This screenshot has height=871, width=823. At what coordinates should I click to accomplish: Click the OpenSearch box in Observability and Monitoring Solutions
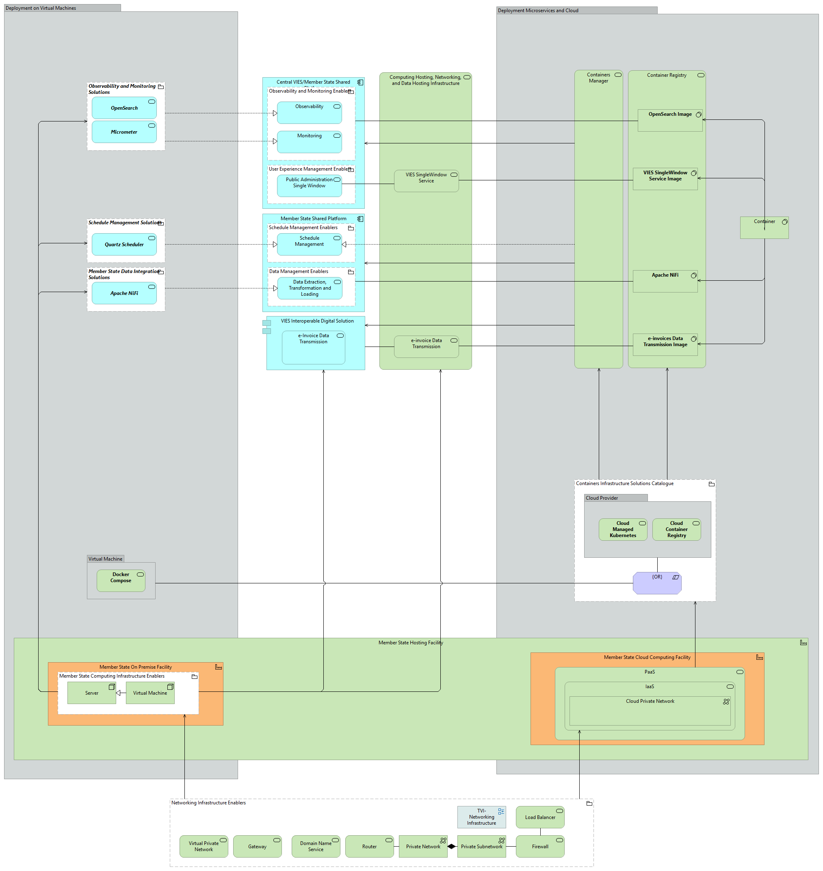[124, 108]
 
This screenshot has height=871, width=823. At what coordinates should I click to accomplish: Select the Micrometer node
[124, 132]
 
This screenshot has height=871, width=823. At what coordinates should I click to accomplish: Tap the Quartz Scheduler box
[124, 245]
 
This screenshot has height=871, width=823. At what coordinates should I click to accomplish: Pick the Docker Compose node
[121, 581]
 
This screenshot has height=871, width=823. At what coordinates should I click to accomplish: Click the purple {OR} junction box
[657, 583]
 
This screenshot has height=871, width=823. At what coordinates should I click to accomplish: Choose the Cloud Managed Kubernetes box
[622, 530]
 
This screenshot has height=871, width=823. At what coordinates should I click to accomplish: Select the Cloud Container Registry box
[676, 530]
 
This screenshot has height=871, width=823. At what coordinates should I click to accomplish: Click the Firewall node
[539, 847]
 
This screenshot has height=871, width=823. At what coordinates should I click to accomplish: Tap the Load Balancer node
[539, 817]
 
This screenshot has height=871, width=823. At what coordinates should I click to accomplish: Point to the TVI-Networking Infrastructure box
[481, 817]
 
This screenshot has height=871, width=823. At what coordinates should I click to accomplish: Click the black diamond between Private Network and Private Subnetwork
[451, 847]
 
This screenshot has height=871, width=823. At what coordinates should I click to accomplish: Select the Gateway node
[257, 847]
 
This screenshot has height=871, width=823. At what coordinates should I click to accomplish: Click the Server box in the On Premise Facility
[91, 693]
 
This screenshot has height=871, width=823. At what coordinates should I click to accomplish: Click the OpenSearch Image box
[669, 120]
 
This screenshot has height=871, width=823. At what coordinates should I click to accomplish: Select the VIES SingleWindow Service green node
[426, 181]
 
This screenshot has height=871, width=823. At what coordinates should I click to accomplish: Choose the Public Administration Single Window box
[309, 186]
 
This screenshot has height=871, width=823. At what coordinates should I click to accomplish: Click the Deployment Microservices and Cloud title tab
[576, 11]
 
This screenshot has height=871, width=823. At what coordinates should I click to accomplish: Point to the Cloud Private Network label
[649, 701]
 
